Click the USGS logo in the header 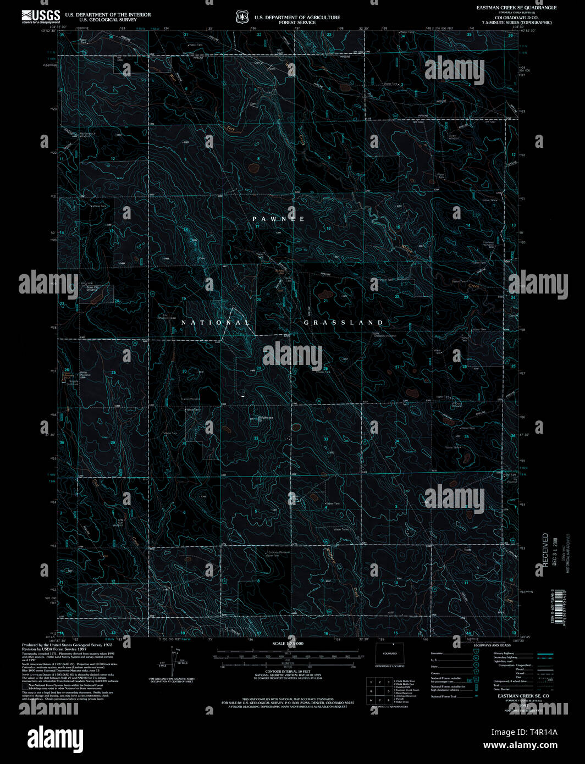(x=41, y=16)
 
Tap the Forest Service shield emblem (x=242, y=18)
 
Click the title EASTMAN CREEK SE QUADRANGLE (x=516, y=8)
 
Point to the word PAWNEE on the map (x=279, y=219)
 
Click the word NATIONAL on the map (x=216, y=323)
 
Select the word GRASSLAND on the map (x=344, y=323)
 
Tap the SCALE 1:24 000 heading (x=288, y=643)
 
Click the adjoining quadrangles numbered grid (x=379, y=691)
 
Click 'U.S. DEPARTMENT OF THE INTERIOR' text (x=108, y=15)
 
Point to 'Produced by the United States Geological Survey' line (x=62, y=645)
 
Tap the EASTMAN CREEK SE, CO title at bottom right (x=523, y=696)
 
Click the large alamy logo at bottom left (x=56, y=737)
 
